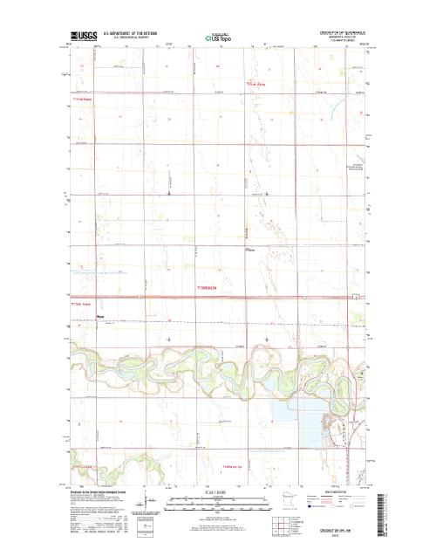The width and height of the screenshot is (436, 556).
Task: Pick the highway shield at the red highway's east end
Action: [355, 299]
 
